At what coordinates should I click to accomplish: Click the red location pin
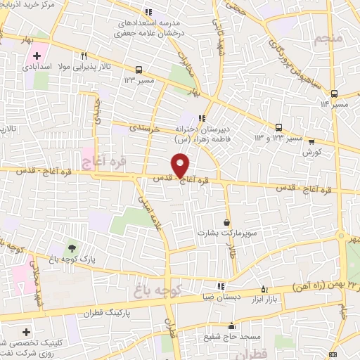[x=181, y=165]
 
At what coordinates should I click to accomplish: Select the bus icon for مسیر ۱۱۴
[x=335, y=94]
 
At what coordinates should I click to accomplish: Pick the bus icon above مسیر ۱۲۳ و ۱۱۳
[x=279, y=127]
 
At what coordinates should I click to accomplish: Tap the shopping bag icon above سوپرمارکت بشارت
[x=226, y=221]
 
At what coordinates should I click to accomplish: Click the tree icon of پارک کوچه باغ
[x=72, y=248]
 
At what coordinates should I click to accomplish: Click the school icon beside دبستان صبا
[x=221, y=287]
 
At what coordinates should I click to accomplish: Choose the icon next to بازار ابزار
[x=264, y=288]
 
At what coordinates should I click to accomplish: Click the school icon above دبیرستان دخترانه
[x=202, y=118]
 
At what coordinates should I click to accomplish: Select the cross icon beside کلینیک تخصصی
[x=27, y=331]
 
